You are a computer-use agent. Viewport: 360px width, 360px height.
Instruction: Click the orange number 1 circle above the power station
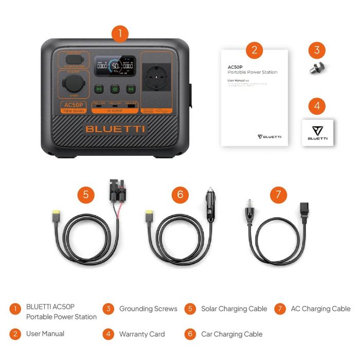click(119, 34)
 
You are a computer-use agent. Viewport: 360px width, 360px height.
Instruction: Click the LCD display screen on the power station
click(115, 67)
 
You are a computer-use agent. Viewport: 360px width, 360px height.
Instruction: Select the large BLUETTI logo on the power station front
click(115, 129)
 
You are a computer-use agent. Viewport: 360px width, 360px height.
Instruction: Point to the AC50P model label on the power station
click(73, 105)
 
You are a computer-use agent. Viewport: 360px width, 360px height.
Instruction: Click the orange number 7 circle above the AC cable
click(278, 194)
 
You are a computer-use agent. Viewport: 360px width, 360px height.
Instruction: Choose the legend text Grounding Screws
click(148, 309)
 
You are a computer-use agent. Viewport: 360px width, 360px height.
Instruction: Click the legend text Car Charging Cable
click(231, 334)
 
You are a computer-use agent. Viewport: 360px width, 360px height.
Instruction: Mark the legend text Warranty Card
click(142, 334)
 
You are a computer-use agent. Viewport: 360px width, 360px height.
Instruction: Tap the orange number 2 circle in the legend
click(16, 334)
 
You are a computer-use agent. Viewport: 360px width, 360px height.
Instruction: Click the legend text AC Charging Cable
click(320, 309)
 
